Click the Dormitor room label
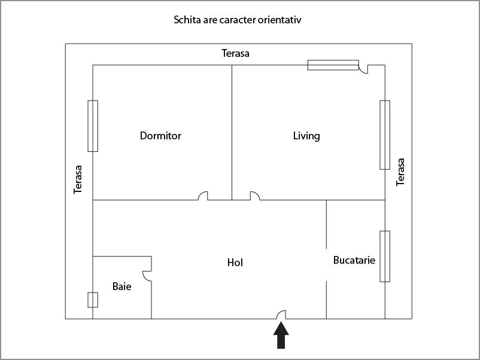pyautogui.click(x=160, y=136)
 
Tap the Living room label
pyautogui.click(x=306, y=136)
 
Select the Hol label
pyautogui.click(x=235, y=262)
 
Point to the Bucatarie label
pyautogui.click(x=354, y=260)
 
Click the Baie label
pyautogui.click(x=121, y=286)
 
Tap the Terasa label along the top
pyautogui.click(x=235, y=53)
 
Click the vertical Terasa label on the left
pyautogui.click(x=78, y=179)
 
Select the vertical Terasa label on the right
pyautogui.click(x=400, y=172)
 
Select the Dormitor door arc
pyautogui.click(x=203, y=196)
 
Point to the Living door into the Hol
pyautogui.click(x=254, y=196)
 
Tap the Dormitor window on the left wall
pyautogui.click(x=93, y=126)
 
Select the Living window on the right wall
pyautogui.click(x=385, y=135)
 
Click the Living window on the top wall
pyautogui.click(x=333, y=65)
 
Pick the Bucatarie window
pyautogui.click(x=385, y=256)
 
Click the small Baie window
pyautogui.click(x=93, y=300)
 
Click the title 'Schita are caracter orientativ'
pyautogui.click(x=237, y=20)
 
